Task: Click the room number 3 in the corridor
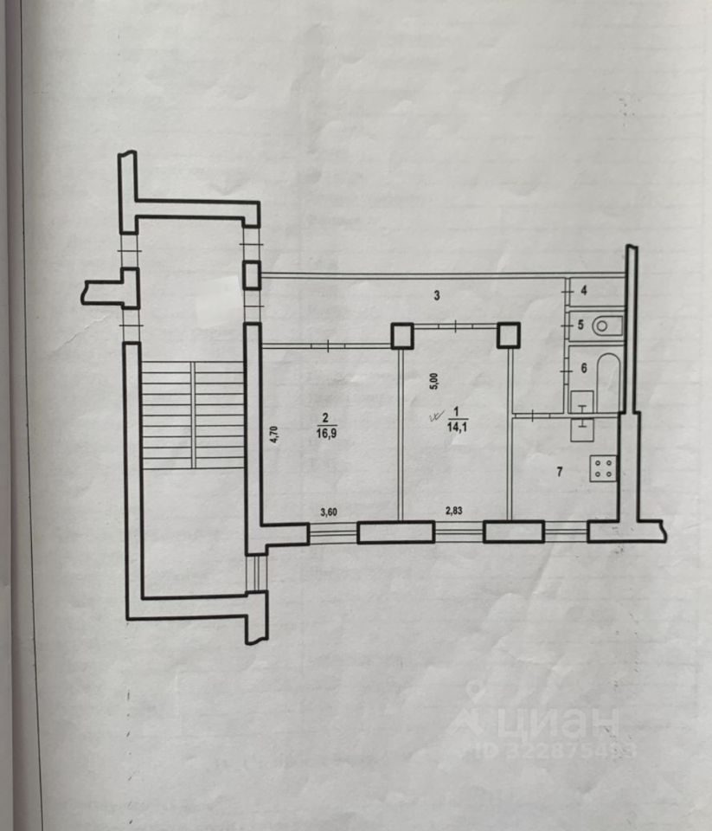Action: pos(438,296)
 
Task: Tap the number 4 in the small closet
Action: pos(583,291)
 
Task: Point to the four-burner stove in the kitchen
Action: pos(602,468)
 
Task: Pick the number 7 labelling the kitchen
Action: pos(560,471)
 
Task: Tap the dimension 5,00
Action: pos(435,381)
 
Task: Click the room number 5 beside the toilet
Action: pos(581,326)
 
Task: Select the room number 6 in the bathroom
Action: pos(583,368)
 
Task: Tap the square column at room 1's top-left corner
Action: pos(401,335)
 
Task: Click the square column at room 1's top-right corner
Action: pos(508,335)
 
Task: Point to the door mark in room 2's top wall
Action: pos(330,346)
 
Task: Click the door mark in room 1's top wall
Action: pos(455,325)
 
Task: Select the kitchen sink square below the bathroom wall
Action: pos(581,425)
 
